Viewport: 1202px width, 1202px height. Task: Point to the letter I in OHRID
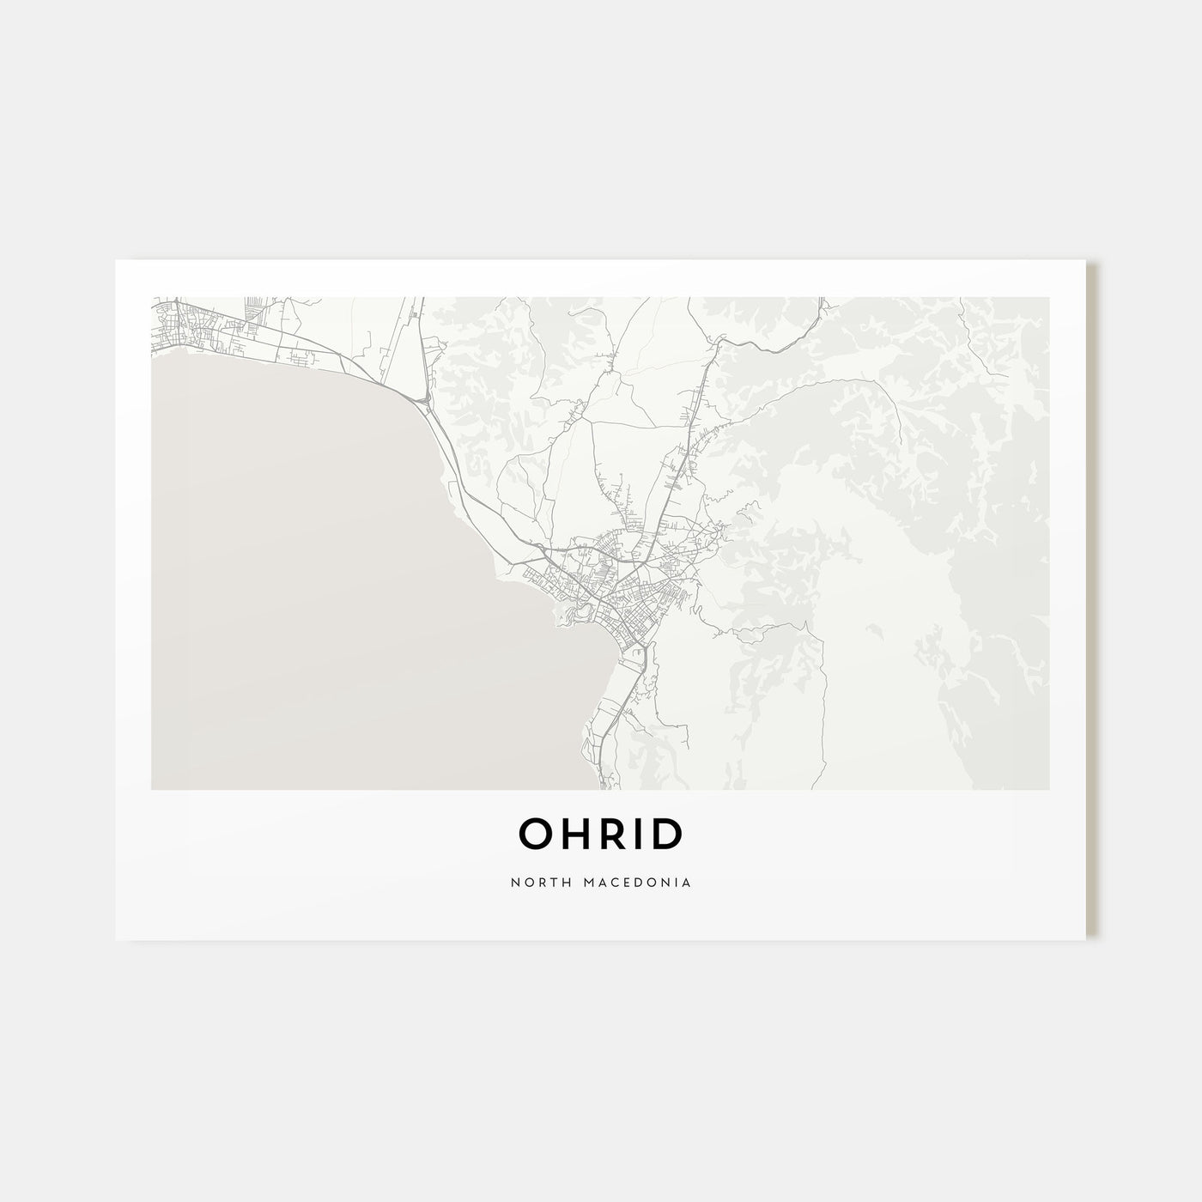coord(638,834)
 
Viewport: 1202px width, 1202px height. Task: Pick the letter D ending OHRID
coord(666,834)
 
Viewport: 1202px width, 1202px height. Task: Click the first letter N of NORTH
coord(513,882)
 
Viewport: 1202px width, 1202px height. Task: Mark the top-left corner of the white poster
coord(116,260)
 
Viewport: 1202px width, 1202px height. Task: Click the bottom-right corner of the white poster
coord(1085,939)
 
